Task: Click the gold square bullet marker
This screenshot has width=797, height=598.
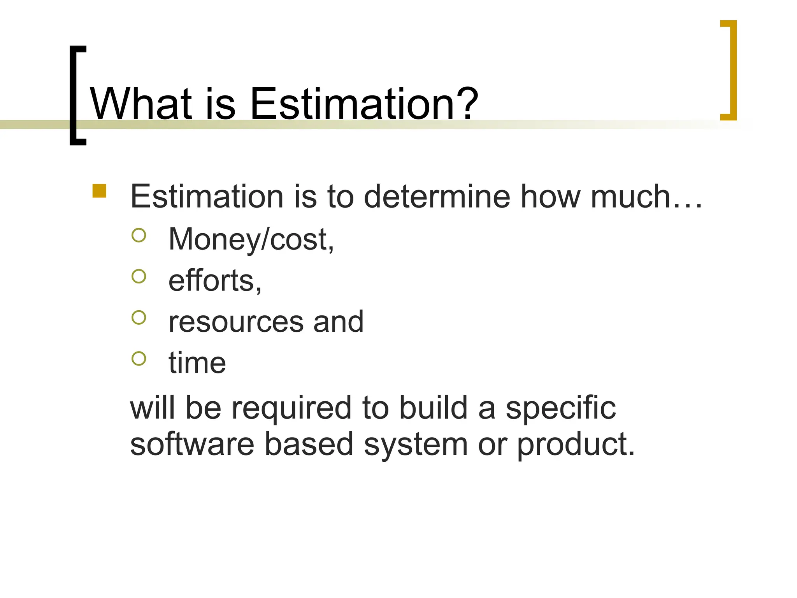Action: tap(100, 191)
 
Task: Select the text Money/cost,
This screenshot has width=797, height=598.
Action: tap(251, 239)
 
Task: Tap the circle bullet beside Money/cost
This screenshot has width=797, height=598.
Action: tap(139, 235)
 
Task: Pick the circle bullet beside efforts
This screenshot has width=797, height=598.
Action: tap(139, 276)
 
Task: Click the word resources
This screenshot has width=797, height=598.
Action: tap(236, 322)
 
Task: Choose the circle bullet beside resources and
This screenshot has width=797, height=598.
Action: tap(139, 318)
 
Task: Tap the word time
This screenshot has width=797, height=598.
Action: tap(197, 363)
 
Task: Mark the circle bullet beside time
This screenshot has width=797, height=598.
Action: tap(139, 359)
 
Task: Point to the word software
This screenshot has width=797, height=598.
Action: tap(192, 445)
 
